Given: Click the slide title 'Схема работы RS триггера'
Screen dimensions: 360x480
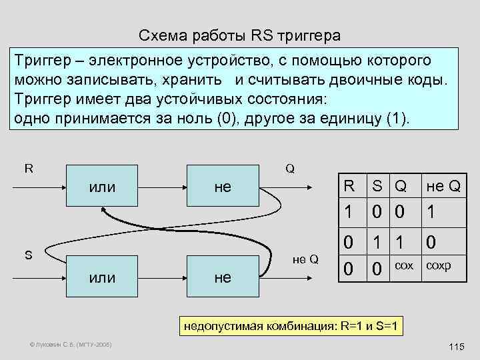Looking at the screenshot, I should (x=239, y=35).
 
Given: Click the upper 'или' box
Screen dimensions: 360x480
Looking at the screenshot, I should (x=102, y=188).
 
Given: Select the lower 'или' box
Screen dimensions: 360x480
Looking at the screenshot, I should (x=102, y=277).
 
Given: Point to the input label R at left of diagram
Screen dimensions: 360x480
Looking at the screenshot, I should (x=29, y=168).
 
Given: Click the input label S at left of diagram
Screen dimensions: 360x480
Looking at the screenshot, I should (x=27, y=254).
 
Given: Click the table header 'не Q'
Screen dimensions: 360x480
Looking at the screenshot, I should (x=443, y=187).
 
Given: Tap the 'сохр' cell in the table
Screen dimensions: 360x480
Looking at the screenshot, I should (x=438, y=265).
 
